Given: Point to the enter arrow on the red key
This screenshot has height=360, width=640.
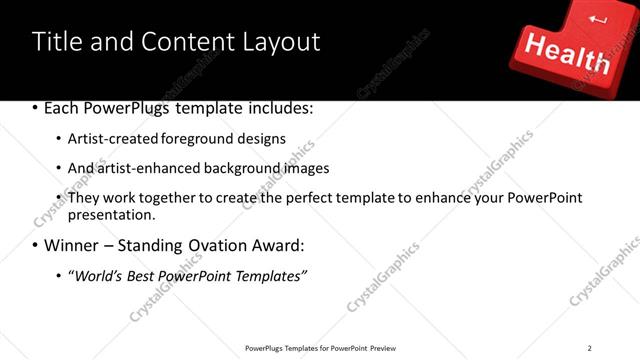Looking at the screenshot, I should point(598,19).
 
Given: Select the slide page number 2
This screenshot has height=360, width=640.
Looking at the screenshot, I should point(589,348).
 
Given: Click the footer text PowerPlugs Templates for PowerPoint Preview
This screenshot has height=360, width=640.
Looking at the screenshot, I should point(320,348).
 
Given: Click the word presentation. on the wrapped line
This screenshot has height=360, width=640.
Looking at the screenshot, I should point(112,214).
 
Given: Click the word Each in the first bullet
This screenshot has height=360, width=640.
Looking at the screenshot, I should point(62,108).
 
